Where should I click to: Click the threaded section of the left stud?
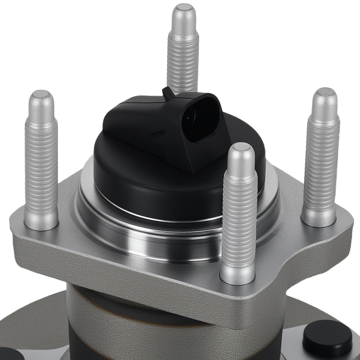pos(41,162)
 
